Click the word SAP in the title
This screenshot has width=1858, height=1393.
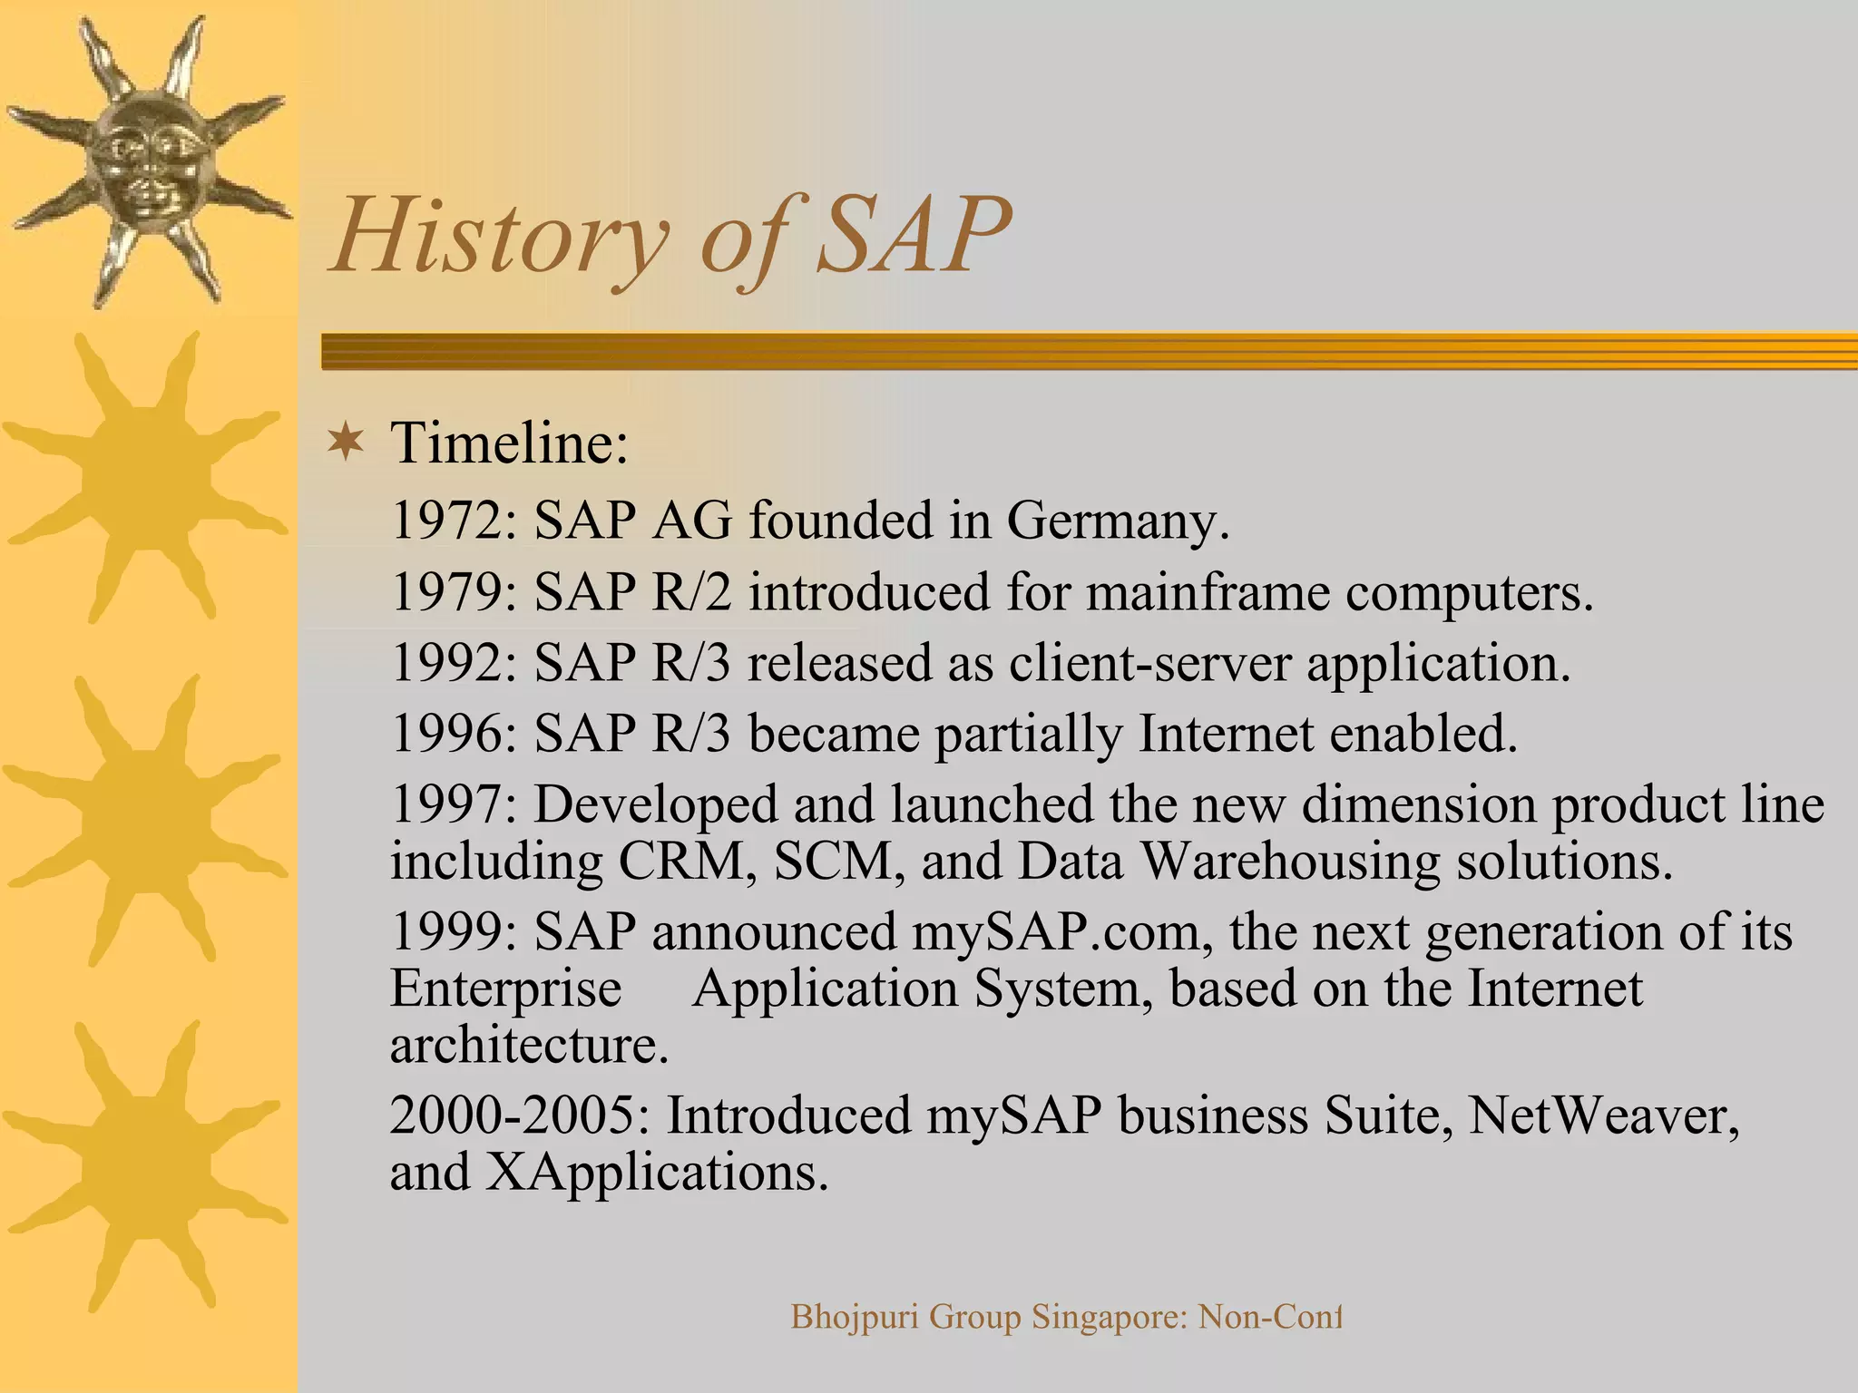(x=913, y=236)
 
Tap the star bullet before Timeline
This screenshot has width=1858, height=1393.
(x=347, y=443)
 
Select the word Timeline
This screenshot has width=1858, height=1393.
(x=508, y=443)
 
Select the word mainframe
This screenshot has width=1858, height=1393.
(x=1207, y=592)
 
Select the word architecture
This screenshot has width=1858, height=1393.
(x=528, y=1046)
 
